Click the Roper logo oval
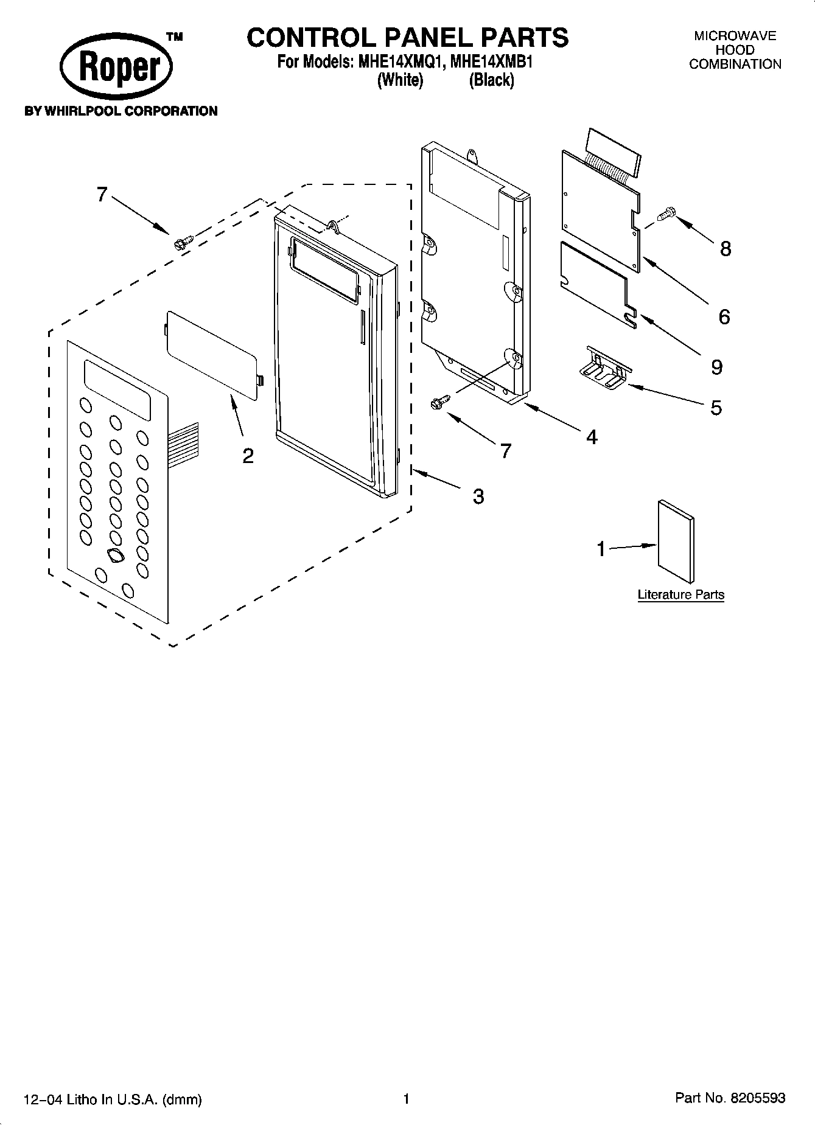click(116, 68)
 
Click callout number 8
click(725, 248)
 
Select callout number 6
click(724, 316)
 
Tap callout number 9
click(716, 367)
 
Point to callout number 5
click(716, 407)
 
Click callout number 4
click(592, 436)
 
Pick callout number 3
click(478, 496)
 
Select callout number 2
click(248, 456)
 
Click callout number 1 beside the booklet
click(601, 549)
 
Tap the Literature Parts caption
click(680, 594)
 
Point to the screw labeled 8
click(666, 214)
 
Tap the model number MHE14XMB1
click(491, 62)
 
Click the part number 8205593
click(759, 1098)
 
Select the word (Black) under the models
click(491, 80)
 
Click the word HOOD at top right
click(735, 50)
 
